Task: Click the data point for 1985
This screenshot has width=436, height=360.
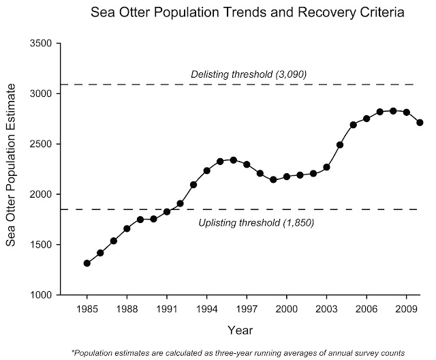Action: coord(87,263)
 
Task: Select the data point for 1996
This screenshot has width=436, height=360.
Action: coord(233,160)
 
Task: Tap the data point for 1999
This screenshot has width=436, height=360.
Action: coord(273,180)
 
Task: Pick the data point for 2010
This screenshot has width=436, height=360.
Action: coord(420,123)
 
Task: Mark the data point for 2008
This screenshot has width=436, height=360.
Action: coord(393,111)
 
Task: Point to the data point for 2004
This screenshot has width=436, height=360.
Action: coord(340,145)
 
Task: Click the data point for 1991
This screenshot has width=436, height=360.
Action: coord(167,211)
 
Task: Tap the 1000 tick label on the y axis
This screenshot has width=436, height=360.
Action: coord(43,295)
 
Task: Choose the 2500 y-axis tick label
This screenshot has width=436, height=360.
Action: coord(43,145)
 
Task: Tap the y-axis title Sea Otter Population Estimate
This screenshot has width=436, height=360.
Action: coord(12,169)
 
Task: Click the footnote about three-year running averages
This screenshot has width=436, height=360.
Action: coord(238,352)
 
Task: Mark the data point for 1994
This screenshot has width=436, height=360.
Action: coord(206,170)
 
